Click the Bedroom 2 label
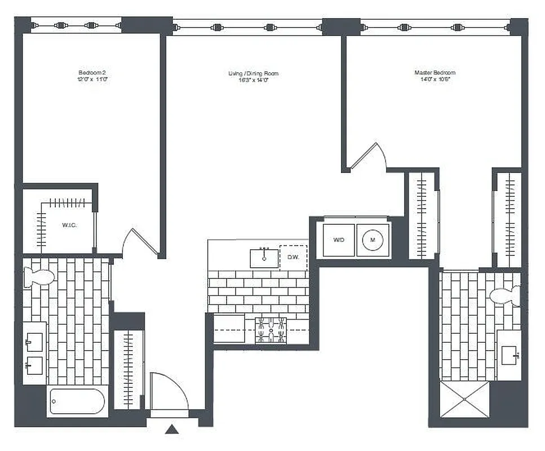pos(92,76)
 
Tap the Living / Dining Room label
pos(253,77)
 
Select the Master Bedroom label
pos(435,76)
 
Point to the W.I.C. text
pos(69,225)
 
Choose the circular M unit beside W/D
pos(373,240)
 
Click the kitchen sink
pos(264,258)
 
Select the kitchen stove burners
pos(271,330)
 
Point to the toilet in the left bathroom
pos(38,277)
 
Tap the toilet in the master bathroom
pos(505,295)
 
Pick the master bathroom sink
pos(509,355)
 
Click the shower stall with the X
pos(464,399)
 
